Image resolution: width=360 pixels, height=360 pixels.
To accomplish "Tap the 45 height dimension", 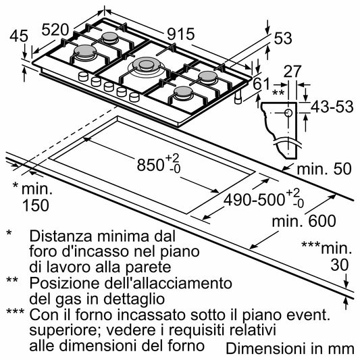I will [20, 35].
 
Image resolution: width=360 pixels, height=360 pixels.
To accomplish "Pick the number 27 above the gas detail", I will [292, 72].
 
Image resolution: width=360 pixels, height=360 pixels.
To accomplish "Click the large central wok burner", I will [147, 66].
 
